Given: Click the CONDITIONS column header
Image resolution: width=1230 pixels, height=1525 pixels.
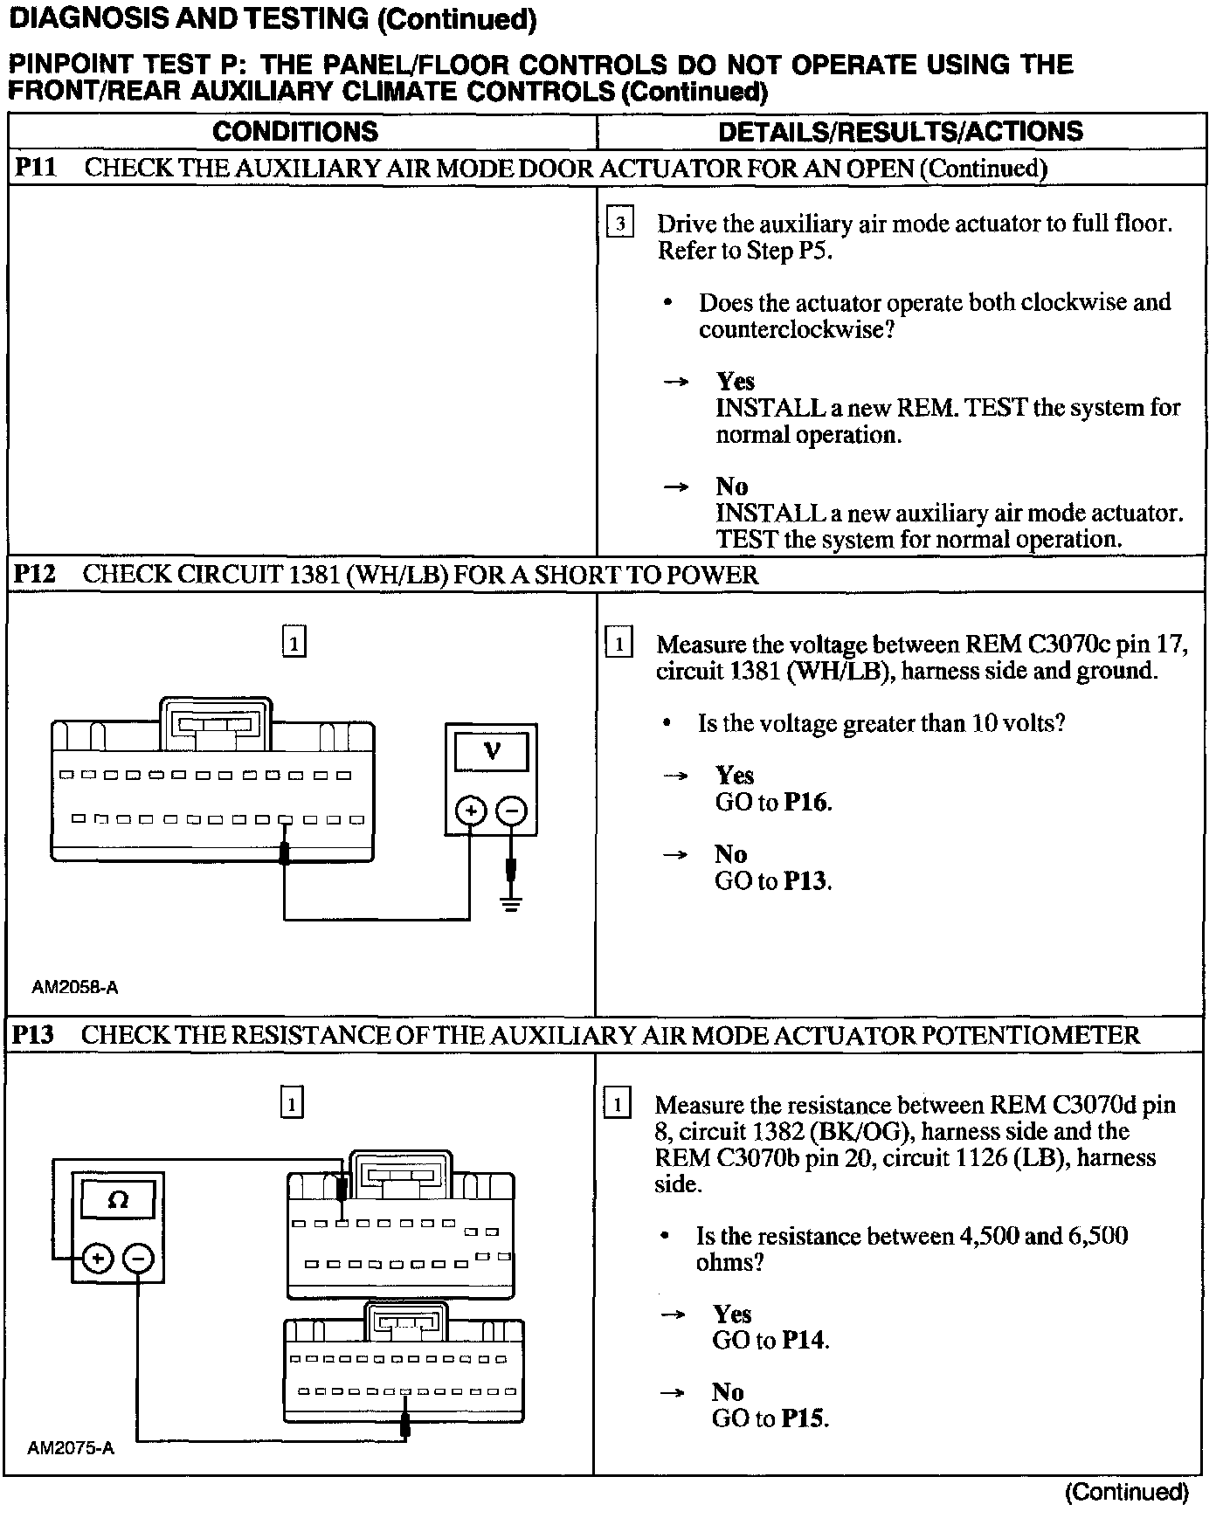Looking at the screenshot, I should pyautogui.click(x=295, y=132).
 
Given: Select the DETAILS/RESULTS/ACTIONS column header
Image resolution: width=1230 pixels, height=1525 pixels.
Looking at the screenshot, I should pyautogui.click(x=900, y=132).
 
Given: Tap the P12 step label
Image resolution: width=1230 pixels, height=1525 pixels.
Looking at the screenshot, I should pyautogui.click(x=35, y=575).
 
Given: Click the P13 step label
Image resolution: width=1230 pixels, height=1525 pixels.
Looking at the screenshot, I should pyautogui.click(x=34, y=1035).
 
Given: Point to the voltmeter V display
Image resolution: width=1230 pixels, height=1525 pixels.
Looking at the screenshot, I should pyautogui.click(x=492, y=751).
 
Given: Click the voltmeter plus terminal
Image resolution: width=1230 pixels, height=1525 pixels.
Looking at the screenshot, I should pyautogui.click(x=471, y=811).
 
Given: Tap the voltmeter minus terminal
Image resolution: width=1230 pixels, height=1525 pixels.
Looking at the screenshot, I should pyautogui.click(x=512, y=811).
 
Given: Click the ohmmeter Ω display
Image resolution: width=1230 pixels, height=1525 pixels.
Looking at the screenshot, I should pyautogui.click(x=118, y=1200).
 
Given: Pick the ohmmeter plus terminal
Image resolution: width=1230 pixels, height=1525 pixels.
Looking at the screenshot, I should pyautogui.click(x=97, y=1259).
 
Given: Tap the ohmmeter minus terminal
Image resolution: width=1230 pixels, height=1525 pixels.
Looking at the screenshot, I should pyautogui.click(x=138, y=1259).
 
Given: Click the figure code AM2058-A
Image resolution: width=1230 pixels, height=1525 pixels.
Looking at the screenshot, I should pyautogui.click(x=75, y=988).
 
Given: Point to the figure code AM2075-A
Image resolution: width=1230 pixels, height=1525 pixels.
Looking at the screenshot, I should pyautogui.click(x=71, y=1449).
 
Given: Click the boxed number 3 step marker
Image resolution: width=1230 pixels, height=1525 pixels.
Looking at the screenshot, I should pyautogui.click(x=619, y=224).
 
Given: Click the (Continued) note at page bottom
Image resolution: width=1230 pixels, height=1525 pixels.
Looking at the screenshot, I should pyautogui.click(x=1126, y=1492).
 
